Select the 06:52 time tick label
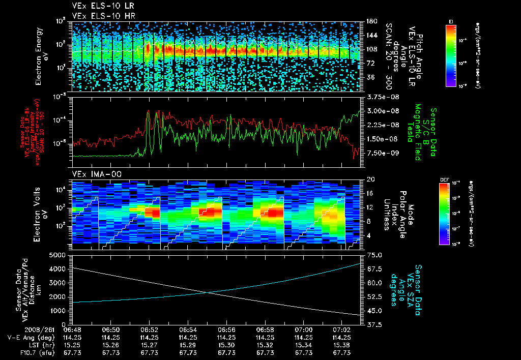point(149,329)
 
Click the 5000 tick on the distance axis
point(59,254)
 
